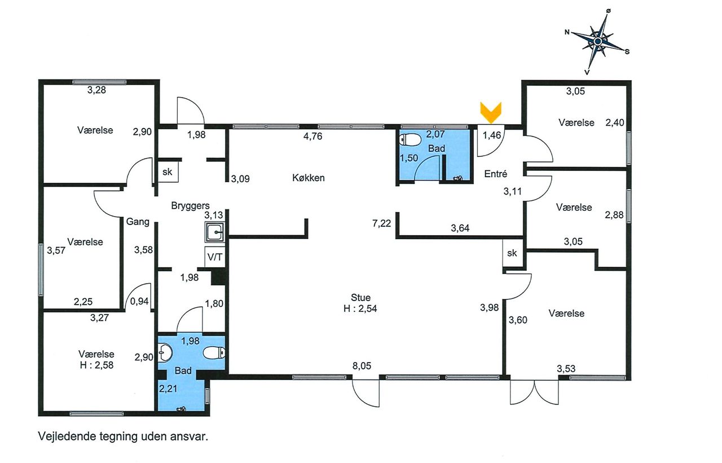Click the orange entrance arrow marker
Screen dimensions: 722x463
(491, 112)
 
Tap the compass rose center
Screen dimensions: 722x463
(597, 41)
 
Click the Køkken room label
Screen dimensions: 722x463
(309, 178)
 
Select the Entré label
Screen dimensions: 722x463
(496, 174)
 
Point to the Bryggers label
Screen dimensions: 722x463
(190, 206)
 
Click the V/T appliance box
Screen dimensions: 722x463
(215, 257)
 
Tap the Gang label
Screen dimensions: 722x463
(138, 222)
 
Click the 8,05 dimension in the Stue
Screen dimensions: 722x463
(362, 366)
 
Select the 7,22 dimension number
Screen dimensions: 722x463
(382, 223)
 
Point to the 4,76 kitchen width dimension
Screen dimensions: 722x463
(312, 136)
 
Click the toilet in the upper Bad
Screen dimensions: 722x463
(410, 140)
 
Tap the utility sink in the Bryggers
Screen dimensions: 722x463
(214, 232)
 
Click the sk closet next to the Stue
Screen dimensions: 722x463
(512, 253)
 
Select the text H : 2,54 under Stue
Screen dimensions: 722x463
(360, 308)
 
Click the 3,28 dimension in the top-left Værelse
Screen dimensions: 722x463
(96, 90)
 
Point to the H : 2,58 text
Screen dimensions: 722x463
(96, 365)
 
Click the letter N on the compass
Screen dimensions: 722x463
(567, 32)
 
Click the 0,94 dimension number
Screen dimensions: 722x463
(139, 301)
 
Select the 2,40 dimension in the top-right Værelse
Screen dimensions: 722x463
(615, 123)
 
